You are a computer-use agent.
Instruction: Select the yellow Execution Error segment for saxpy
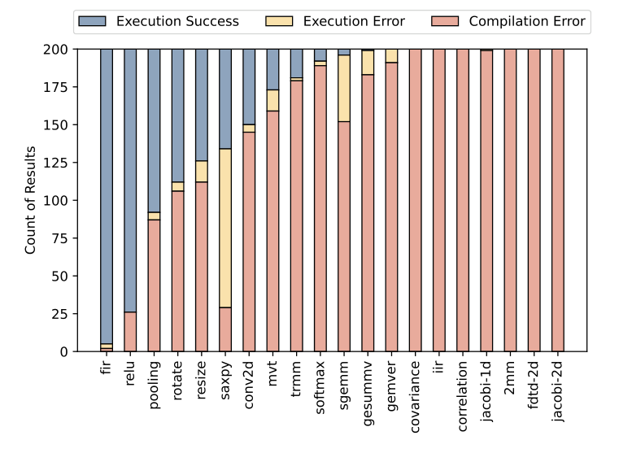pyautogui.click(x=225, y=229)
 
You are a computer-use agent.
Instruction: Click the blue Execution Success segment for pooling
pyautogui.click(x=154, y=130)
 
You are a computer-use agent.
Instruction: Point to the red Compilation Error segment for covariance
pyautogui.click(x=416, y=200)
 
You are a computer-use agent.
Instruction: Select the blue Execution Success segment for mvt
pyautogui.click(x=272, y=69)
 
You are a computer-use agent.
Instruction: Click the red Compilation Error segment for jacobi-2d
pyautogui.click(x=558, y=200)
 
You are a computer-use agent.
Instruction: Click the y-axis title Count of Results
pyautogui.click(x=31, y=200)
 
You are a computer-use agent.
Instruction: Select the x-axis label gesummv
pyautogui.click(x=368, y=389)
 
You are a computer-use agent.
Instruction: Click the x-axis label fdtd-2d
pyautogui.click(x=534, y=387)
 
